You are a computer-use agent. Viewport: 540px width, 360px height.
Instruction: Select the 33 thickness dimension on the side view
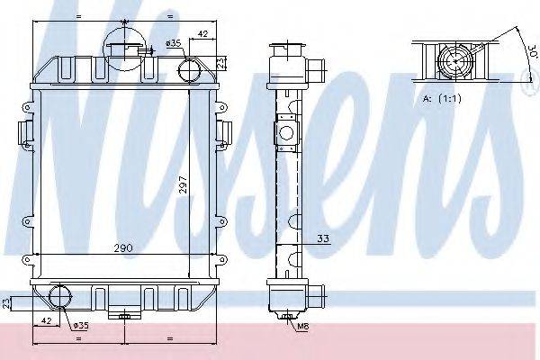321,238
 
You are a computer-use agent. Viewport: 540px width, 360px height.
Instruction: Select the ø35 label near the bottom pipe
79,325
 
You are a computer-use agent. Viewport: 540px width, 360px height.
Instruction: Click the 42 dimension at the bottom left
43,319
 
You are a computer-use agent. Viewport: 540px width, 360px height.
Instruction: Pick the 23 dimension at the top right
222,61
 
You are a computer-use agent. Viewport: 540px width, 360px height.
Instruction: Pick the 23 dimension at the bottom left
7,303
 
